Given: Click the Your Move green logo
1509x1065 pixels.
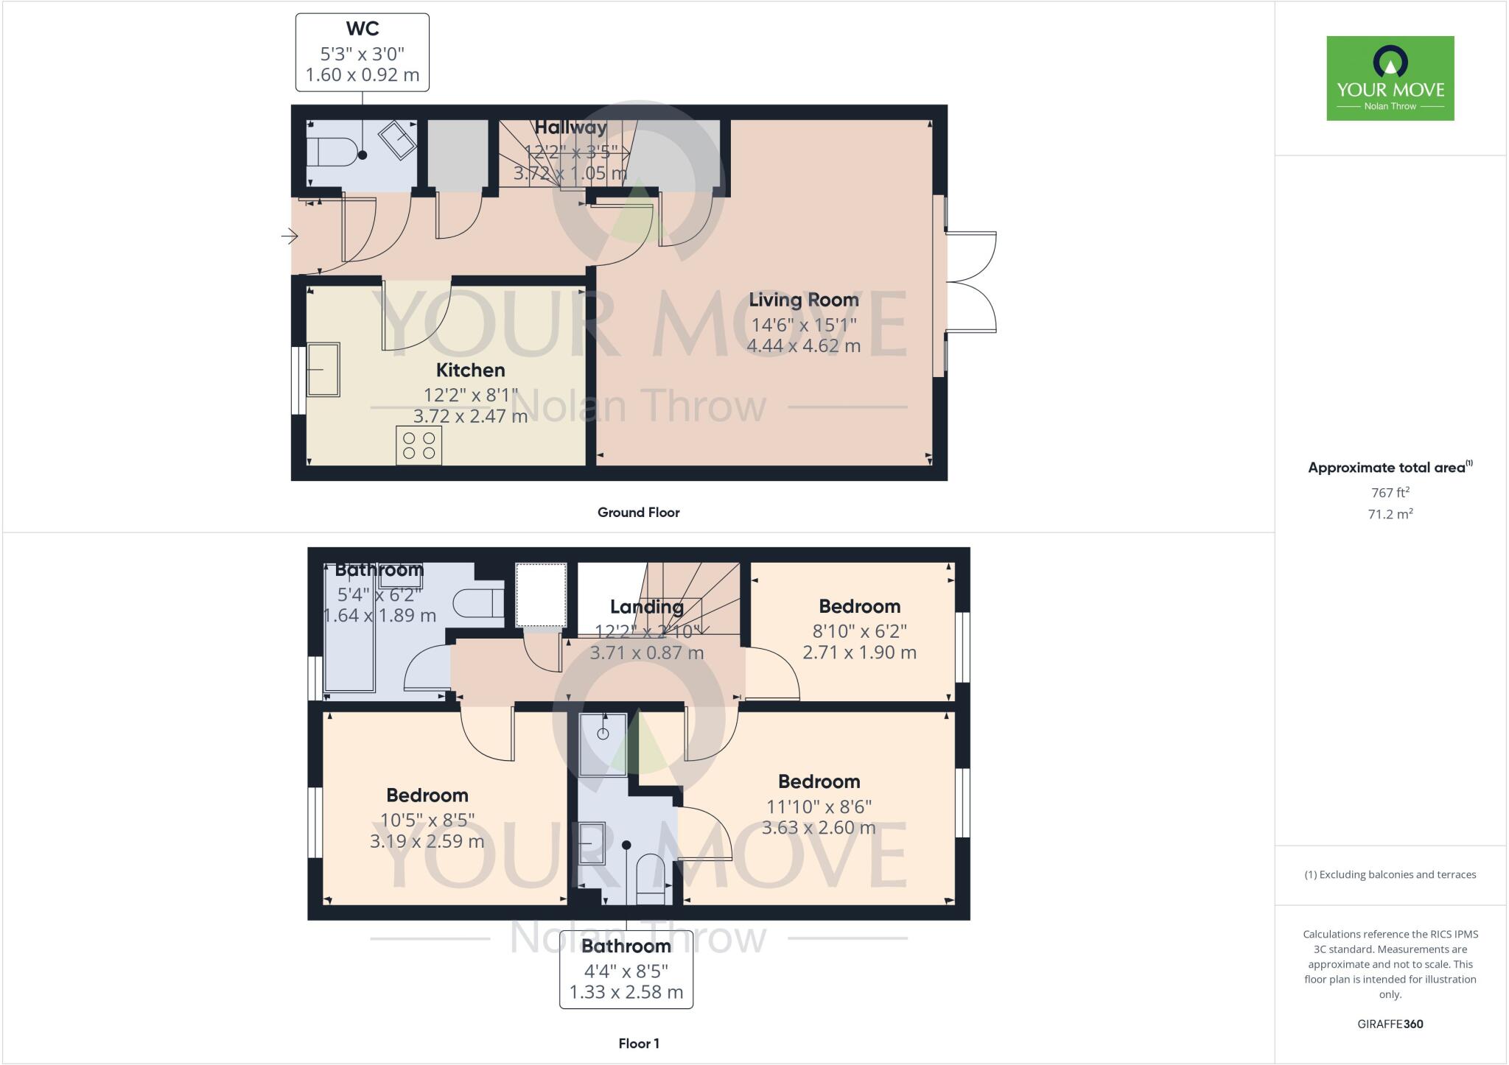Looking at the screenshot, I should pos(1390,78).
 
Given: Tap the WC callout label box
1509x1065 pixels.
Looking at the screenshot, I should pos(362,52).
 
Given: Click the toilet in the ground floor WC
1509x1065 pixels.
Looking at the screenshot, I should pos(332,152).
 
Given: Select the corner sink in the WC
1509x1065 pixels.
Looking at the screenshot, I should pos(399,140).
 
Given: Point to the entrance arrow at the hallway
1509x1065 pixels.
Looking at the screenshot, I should pos(290,236).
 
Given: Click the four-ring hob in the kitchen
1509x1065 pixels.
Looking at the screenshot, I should pos(419,445).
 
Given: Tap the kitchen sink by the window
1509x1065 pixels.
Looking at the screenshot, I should pos(323,370).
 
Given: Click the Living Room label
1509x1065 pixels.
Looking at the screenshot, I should pos(803,300).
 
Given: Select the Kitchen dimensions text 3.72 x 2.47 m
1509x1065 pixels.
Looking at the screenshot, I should pos(470,416).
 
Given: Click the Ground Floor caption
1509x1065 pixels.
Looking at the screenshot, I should pos(638,513).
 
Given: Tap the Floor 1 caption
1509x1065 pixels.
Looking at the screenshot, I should pos(638,1044).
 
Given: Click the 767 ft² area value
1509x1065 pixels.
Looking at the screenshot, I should pos(1390,493).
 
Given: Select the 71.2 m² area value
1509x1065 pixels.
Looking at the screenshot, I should pos(1390,514).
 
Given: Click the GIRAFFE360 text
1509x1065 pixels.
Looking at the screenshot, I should pos(1390,1024).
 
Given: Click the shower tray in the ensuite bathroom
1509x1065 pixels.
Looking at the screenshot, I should pos(603,744).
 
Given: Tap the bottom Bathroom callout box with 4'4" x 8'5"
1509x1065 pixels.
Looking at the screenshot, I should pos(626,969).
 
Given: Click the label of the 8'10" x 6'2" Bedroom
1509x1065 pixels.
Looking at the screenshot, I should pos(859,606).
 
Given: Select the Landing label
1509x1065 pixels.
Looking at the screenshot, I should pos(646,607).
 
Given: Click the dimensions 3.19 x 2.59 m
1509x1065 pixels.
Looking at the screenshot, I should pos(427,841).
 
